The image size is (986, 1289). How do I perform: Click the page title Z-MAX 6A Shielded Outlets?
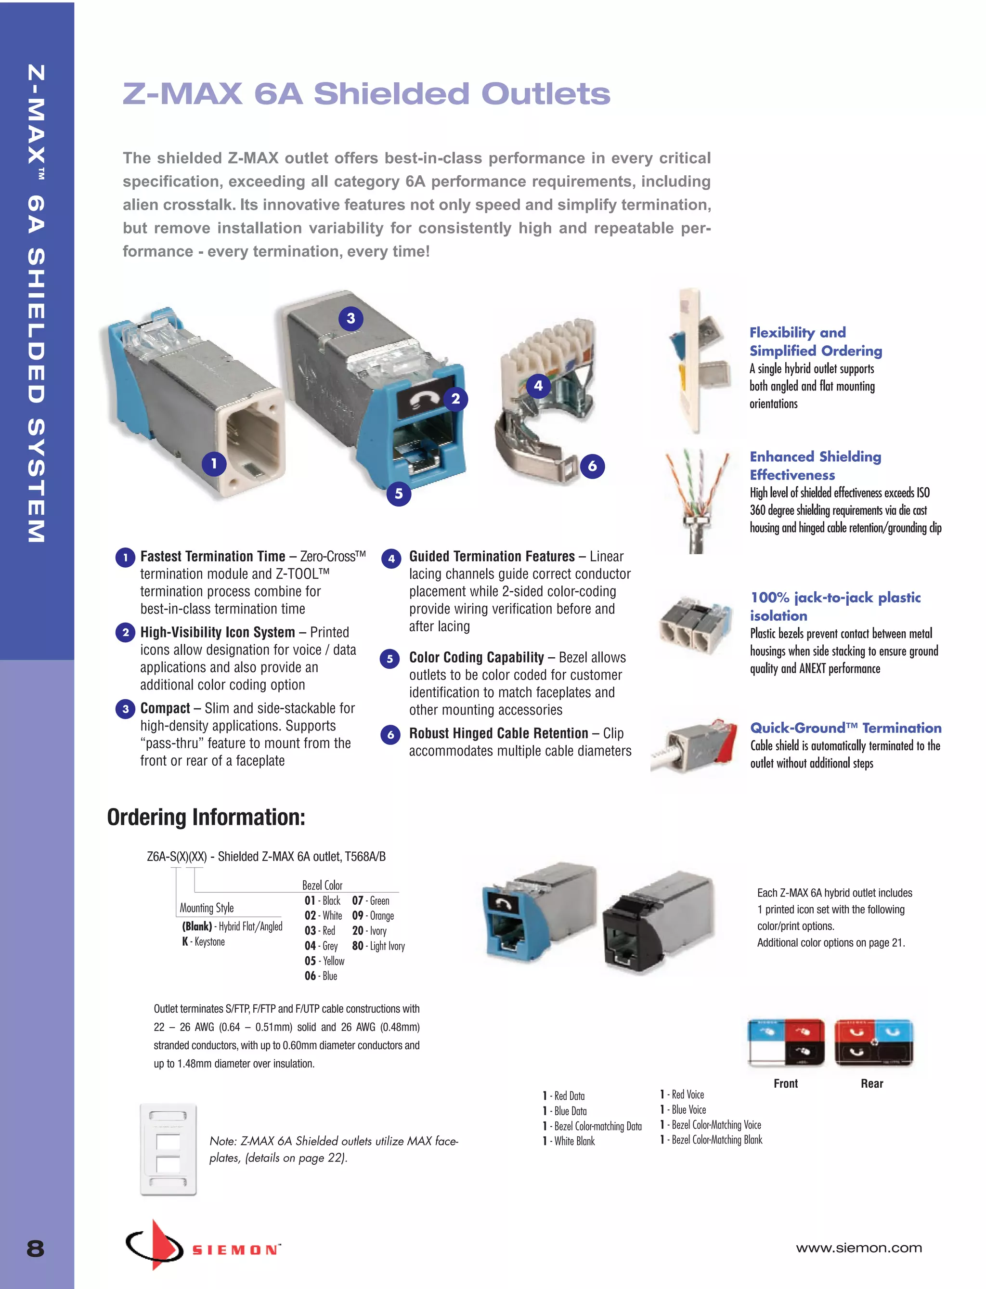366,94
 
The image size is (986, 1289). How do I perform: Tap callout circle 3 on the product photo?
351,319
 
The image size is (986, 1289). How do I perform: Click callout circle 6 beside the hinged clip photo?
592,466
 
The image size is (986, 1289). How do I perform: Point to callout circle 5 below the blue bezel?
399,494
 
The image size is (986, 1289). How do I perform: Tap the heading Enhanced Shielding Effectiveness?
815,466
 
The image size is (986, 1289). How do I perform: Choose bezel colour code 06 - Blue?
321,976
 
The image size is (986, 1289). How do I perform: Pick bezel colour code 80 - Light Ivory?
378,946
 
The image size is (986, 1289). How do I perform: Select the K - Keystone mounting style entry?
203,941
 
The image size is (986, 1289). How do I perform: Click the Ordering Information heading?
206,817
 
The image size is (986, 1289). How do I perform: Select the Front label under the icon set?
785,1083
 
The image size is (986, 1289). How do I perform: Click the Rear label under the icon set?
871,1083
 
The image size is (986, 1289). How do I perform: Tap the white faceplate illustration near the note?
169,1149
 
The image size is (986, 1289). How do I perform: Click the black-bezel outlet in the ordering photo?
657,922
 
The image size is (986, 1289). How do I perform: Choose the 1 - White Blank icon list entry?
569,1141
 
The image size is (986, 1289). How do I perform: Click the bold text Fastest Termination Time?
212,556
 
